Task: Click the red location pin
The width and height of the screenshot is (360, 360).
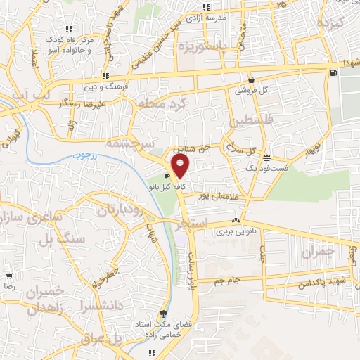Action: click(181, 166)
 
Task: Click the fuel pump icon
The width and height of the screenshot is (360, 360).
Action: click(333, 72)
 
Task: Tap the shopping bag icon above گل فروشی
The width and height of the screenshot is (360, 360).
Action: click(251, 79)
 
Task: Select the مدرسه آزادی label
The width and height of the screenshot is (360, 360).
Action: click(224, 16)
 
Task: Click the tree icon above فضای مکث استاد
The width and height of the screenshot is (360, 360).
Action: click(164, 314)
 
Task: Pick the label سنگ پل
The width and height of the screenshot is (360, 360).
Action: click(72, 239)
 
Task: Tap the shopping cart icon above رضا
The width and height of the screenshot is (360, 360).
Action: click(8, 276)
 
